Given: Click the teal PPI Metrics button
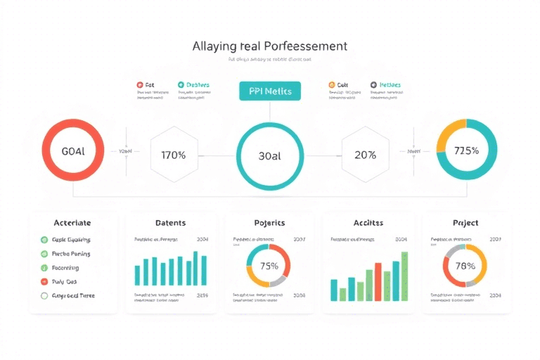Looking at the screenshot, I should click(x=270, y=91).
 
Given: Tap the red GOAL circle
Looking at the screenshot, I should click(x=73, y=151).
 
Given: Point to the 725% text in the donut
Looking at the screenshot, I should click(x=466, y=150).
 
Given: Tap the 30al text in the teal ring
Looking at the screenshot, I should click(x=270, y=156).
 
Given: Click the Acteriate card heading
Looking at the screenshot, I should click(x=72, y=223).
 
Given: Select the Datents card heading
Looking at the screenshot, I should click(x=170, y=223).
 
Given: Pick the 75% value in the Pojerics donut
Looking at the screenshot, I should click(x=269, y=266).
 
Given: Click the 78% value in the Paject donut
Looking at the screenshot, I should click(x=465, y=266).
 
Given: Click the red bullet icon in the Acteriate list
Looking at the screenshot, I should click(x=44, y=282).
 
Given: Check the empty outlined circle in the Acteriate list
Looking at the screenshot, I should click(x=44, y=296).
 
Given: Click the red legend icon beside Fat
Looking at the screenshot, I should click(x=140, y=84).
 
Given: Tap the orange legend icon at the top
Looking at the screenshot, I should click(x=332, y=84).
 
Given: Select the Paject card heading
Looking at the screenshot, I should click(x=465, y=223).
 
